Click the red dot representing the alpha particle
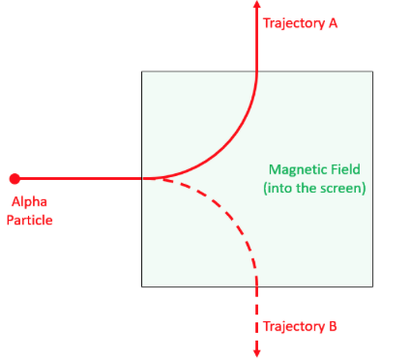(x=15, y=178)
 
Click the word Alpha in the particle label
(x=28, y=202)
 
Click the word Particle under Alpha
(x=31, y=220)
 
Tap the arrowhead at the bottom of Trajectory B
(x=257, y=351)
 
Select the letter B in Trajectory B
(x=332, y=326)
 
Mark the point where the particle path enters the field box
(x=142, y=178)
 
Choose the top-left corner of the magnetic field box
(x=142, y=72)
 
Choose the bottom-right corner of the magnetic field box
(x=373, y=286)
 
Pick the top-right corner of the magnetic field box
(x=373, y=72)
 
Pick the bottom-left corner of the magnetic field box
(x=142, y=286)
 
